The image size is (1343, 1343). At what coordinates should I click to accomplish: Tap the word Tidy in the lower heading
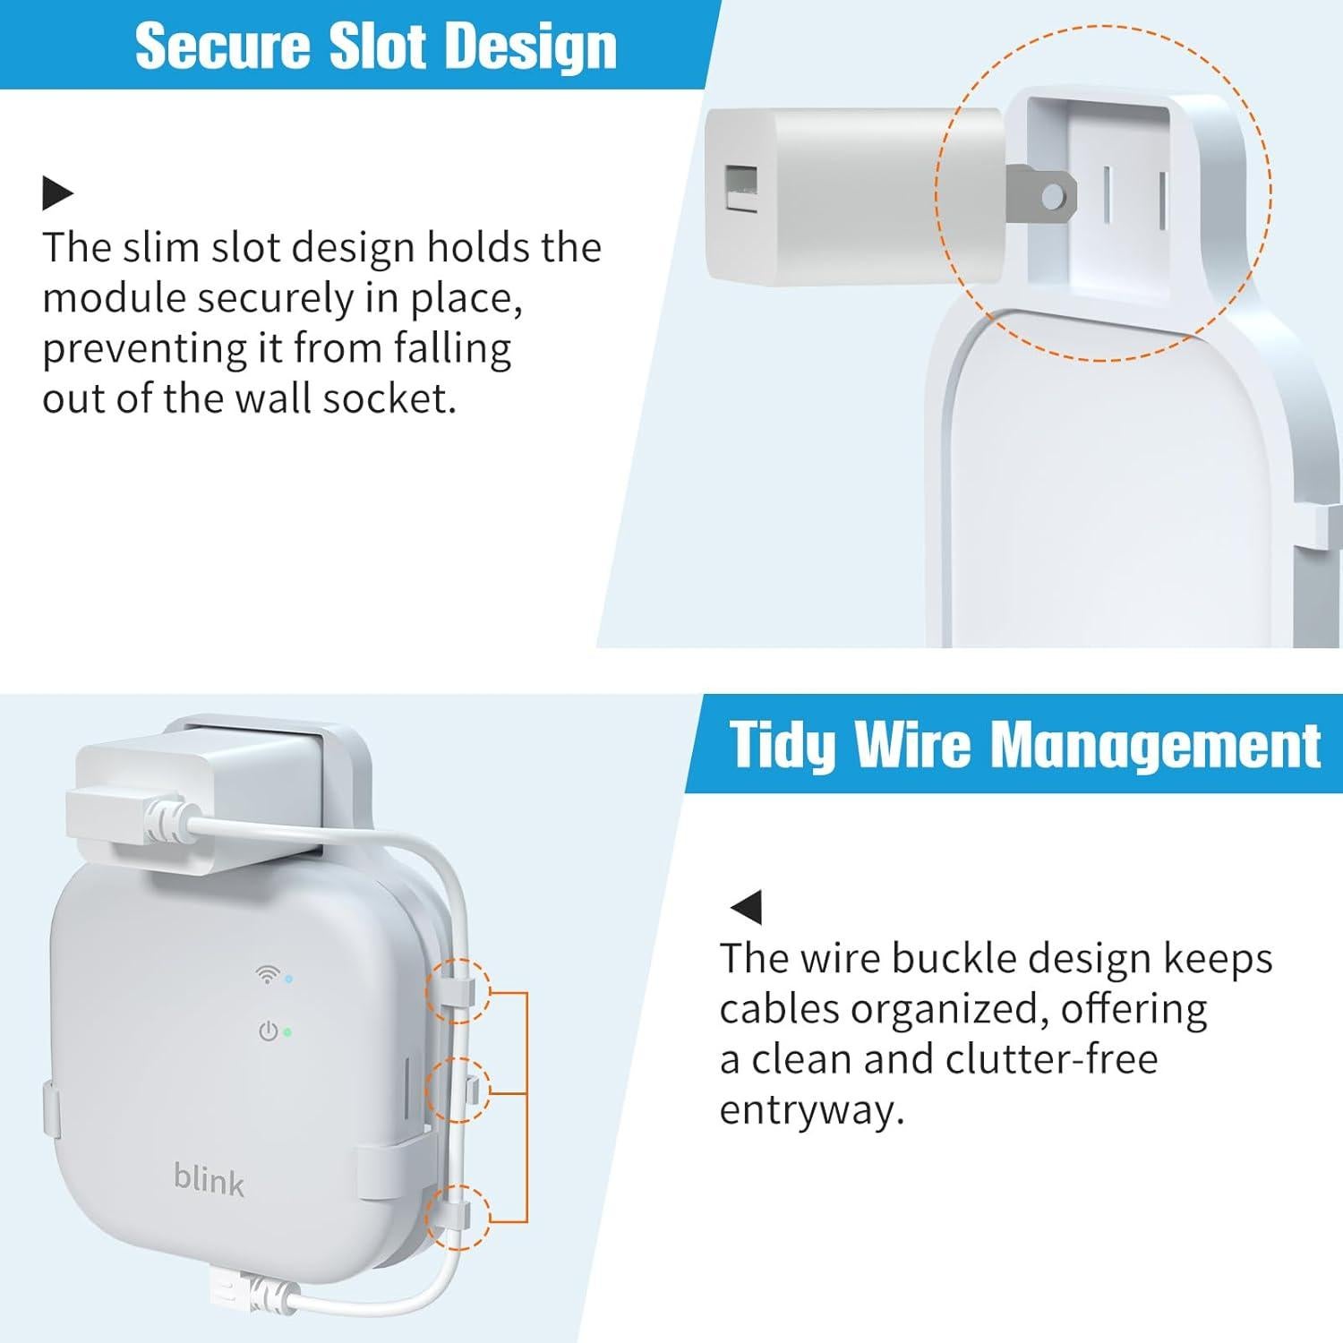click(783, 744)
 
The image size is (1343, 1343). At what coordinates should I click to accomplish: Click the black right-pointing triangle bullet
click(57, 192)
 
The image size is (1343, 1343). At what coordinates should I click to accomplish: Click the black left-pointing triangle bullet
click(746, 907)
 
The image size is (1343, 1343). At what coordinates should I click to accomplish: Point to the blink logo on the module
click(209, 1180)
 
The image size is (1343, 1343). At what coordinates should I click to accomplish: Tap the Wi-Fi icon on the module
click(266, 975)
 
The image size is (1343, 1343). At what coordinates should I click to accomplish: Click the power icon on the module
click(268, 1031)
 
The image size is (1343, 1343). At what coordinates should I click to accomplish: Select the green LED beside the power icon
click(287, 1031)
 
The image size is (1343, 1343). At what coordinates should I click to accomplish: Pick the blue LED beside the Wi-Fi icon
click(287, 979)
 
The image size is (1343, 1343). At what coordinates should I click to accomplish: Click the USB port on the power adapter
click(741, 189)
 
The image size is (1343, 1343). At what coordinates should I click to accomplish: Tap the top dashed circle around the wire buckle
click(458, 991)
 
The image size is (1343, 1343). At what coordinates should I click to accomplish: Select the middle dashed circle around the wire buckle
click(458, 1090)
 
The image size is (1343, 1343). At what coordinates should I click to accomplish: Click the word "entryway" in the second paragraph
click(811, 1110)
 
